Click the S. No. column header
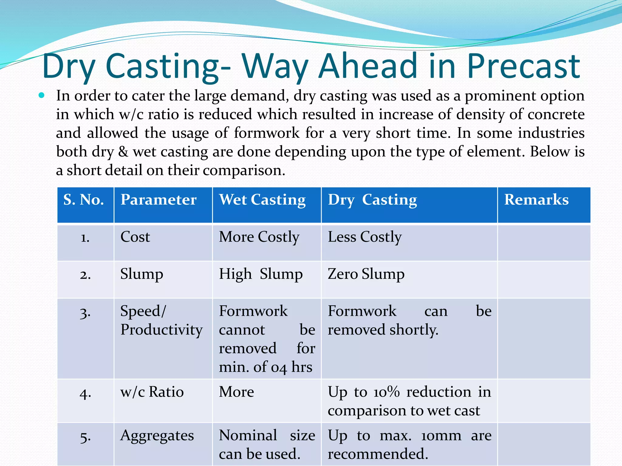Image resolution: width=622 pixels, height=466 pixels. [84, 200]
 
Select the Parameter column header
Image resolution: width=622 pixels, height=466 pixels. [159, 200]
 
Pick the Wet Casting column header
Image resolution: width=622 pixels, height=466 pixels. [262, 200]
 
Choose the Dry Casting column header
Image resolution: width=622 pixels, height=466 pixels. [372, 200]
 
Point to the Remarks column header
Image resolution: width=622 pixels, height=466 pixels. [536, 200]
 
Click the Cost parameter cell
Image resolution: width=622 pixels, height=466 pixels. [135, 237]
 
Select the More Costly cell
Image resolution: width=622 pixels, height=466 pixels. [259, 237]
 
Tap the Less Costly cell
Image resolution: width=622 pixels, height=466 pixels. [365, 237]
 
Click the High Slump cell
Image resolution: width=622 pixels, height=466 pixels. [261, 274]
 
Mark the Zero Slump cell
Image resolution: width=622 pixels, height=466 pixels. [366, 274]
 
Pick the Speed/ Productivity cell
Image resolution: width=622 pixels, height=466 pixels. [161, 320]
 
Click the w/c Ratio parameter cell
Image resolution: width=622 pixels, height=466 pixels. [152, 392]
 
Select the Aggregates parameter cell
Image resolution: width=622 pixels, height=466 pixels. [157, 436]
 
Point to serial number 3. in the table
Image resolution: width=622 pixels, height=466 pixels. [85, 312]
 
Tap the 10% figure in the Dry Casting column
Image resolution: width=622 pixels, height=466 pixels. [386, 392]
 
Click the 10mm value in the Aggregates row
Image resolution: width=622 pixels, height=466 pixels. [441, 436]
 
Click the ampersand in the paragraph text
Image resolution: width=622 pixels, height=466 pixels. [123, 152]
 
